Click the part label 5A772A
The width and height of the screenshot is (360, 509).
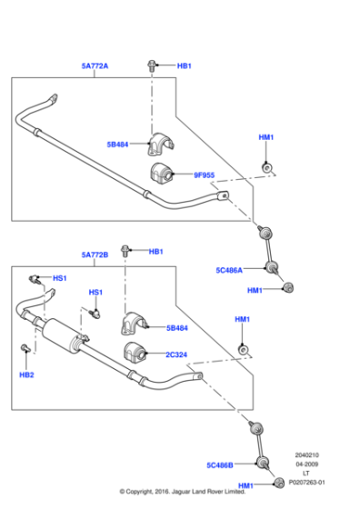click(x=95, y=65)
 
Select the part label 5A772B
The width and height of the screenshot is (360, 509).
click(x=95, y=254)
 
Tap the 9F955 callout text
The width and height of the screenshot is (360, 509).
click(x=203, y=175)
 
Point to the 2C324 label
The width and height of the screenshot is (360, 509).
click(x=177, y=355)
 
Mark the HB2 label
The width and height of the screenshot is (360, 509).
click(x=26, y=374)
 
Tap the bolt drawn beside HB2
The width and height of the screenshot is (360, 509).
click(x=25, y=348)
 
